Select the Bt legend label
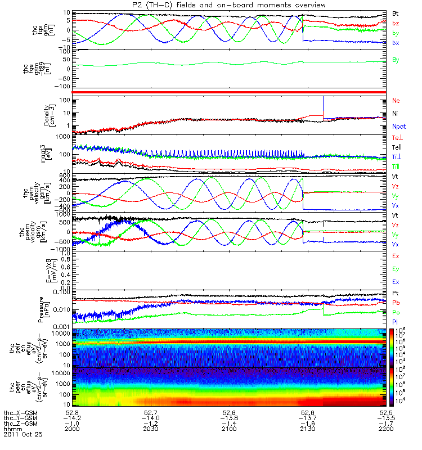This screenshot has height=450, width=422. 396,13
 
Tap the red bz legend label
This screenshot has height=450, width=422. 396,23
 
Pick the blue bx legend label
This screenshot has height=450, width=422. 396,43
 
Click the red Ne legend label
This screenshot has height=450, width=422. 396,101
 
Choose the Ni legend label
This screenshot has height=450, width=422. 396,114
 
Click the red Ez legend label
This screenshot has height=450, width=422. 396,256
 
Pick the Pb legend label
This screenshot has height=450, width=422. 396,303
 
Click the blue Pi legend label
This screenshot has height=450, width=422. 396,321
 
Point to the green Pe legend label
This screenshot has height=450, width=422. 396,312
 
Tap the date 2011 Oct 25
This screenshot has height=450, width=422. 23,435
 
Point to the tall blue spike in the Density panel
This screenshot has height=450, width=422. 323,107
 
